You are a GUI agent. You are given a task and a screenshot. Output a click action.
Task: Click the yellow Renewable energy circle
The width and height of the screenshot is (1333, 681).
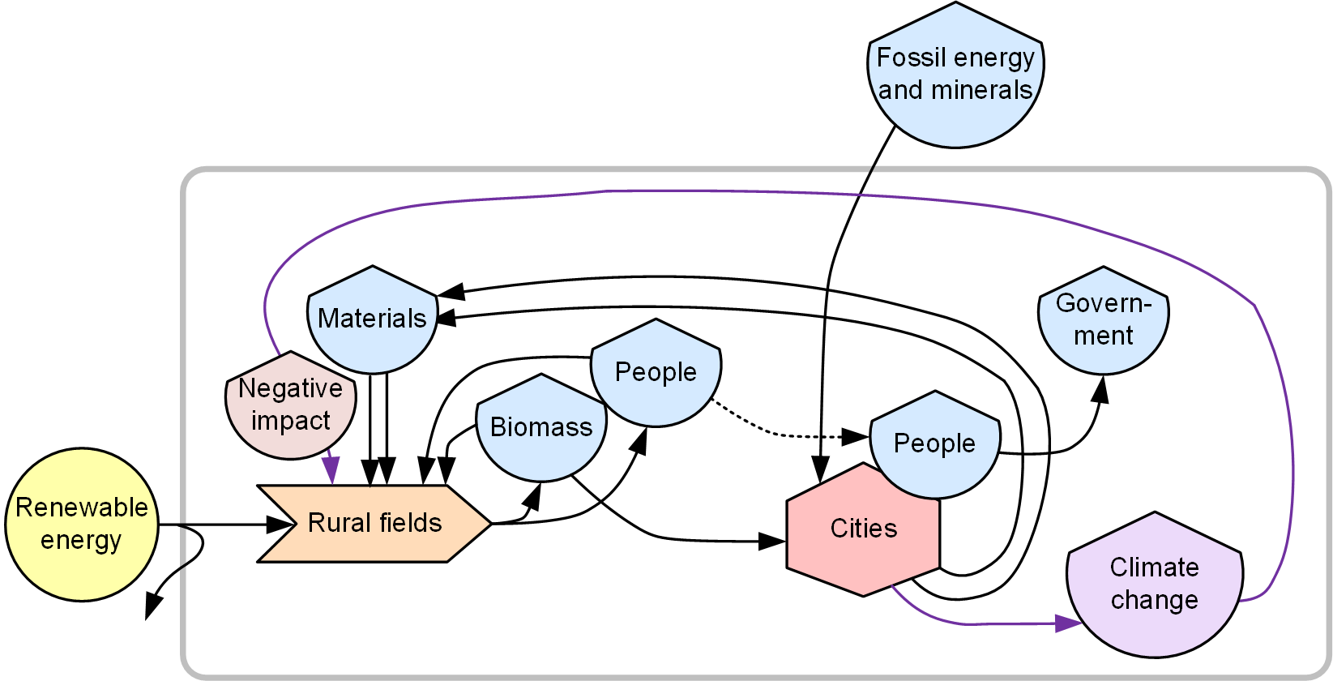(x=82, y=525)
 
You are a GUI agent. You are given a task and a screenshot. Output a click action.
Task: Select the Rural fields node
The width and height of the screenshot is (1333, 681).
(x=374, y=524)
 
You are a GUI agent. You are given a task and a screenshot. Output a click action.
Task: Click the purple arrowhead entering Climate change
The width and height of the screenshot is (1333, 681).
(x=1069, y=623)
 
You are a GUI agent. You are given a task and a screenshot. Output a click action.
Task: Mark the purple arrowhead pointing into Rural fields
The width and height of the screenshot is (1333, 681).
(x=331, y=469)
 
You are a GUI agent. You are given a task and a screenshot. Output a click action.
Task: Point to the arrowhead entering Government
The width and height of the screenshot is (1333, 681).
(x=1100, y=388)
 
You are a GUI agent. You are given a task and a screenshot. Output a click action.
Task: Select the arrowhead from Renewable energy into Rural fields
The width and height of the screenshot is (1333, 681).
(x=280, y=525)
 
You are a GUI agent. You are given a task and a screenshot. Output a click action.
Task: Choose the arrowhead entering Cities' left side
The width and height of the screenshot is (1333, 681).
(x=771, y=541)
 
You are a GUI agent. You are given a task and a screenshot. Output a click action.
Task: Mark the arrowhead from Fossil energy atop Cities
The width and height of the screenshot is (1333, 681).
(x=820, y=470)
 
